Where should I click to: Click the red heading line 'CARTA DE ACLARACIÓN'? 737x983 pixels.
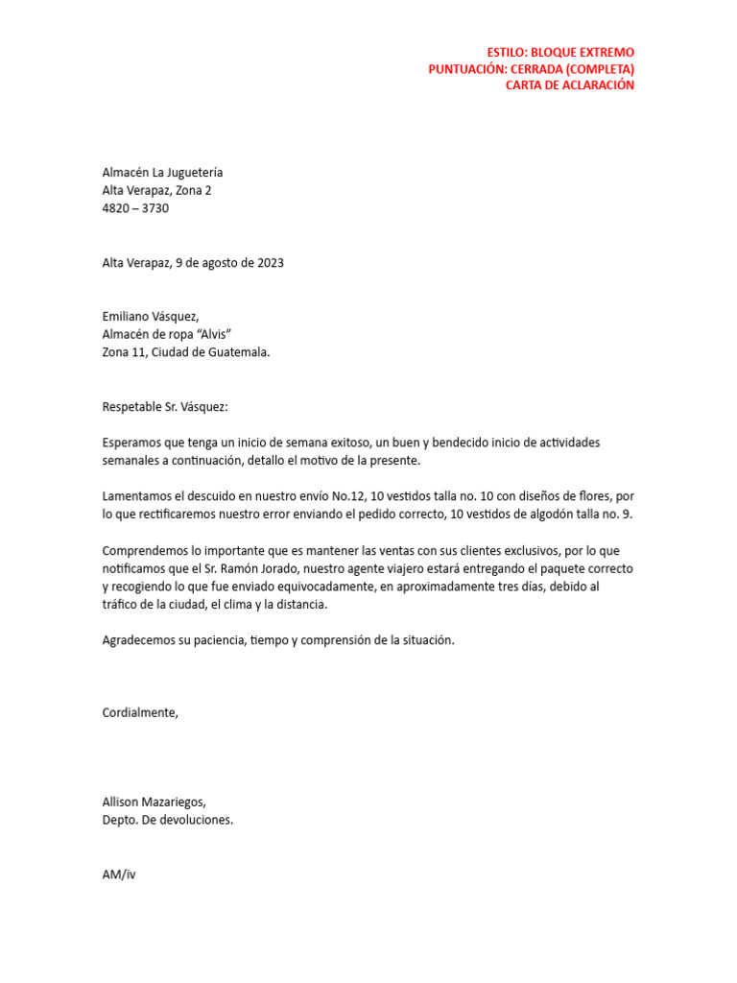[570, 85]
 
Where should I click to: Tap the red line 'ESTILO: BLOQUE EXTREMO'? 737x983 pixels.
[560, 52]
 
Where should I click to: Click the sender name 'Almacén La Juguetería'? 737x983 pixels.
[162, 173]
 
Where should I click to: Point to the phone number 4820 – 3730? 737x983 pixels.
[135, 207]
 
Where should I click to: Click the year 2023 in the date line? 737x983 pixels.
[270, 262]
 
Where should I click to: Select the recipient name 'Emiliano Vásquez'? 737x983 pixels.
[150, 317]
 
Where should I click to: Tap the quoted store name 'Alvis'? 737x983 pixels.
[217, 334]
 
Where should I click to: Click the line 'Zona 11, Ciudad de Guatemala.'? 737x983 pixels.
[186, 351]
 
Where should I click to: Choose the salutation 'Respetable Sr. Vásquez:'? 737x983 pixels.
[165, 406]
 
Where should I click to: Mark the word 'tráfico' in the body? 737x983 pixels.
[121, 605]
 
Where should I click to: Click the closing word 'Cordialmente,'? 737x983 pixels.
[140, 712]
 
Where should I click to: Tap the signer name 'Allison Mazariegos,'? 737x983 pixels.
[154, 803]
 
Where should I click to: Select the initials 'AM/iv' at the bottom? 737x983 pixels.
[119, 875]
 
